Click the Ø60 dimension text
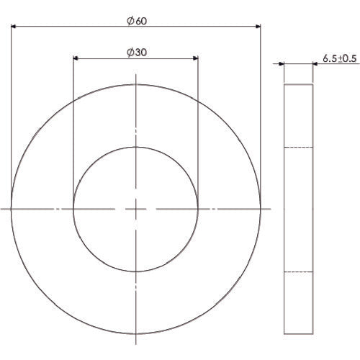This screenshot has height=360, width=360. tap(135, 21)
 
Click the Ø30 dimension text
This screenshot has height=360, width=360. tap(135, 52)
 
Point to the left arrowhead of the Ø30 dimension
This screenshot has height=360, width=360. tap(77, 59)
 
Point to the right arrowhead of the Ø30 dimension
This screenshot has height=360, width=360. tap(194, 59)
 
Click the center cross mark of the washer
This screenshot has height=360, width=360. tap(135, 209)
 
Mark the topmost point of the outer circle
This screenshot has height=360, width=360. tap(135, 84)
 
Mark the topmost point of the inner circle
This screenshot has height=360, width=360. tap(135, 147)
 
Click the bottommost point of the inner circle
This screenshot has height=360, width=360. tap(135, 271)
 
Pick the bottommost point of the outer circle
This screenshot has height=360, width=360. tap(135, 333)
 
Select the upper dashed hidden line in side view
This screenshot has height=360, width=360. tap(298, 147)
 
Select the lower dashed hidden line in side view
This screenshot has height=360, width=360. tap(298, 271)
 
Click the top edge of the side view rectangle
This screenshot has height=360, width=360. tap(298, 84)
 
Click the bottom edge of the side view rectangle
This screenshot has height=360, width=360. tap(298, 333)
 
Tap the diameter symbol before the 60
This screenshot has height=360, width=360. tap(129, 21)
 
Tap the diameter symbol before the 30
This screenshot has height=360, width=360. tap(129, 52)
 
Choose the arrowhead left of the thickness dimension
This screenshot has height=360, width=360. tap(281, 64)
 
